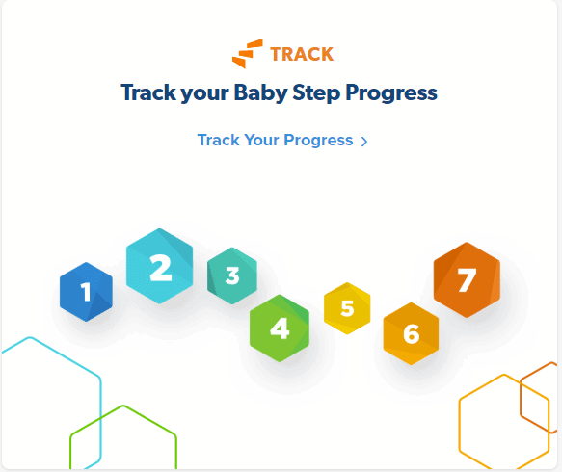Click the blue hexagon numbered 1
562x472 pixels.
pyautogui.click(x=86, y=292)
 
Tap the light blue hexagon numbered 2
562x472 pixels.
pyautogui.click(x=159, y=266)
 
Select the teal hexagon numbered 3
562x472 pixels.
pyautogui.click(x=232, y=275)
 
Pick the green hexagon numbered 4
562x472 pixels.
pyautogui.click(x=280, y=328)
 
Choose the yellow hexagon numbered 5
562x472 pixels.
pyautogui.click(x=347, y=308)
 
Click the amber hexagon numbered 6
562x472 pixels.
pyautogui.click(x=411, y=333)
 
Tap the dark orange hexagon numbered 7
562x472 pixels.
pyautogui.click(x=467, y=279)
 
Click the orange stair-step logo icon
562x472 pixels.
pyautogui.click(x=248, y=54)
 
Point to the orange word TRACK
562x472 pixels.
pyautogui.click(x=302, y=55)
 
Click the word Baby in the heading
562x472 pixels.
pyautogui.click(x=260, y=92)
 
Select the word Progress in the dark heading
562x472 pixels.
pyautogui.click(x=391, y=93)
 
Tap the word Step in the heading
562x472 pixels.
pyautogui.click(x=316, y=93)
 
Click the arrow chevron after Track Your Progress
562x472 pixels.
pyautogui.click(x=364, y=142)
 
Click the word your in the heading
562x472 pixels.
pyautogui.click(x=204, y=93)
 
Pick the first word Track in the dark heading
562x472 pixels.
pyautogui.click(x=148, y=92)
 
